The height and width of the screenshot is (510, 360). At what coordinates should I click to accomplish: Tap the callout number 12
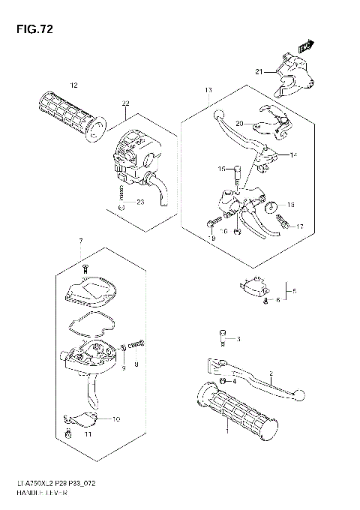tap(73, 84)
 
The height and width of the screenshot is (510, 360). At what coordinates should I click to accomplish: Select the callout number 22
tap(125, 103)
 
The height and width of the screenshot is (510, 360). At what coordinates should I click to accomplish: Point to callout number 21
tap(259, 72)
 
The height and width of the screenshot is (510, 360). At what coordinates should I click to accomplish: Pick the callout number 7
tap(80, 239)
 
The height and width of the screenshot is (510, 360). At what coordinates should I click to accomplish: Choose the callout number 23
tap(139, 202)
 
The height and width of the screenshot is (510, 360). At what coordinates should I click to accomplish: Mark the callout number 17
tap(299, 226)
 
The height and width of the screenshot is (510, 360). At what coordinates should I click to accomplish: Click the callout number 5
tap(295, 290)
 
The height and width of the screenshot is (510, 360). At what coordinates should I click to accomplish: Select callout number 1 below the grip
tap(225, 432)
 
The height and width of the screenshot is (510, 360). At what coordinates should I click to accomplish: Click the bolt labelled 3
tap(222, 337)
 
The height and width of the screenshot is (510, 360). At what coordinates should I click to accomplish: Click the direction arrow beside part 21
tap(303, 46)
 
